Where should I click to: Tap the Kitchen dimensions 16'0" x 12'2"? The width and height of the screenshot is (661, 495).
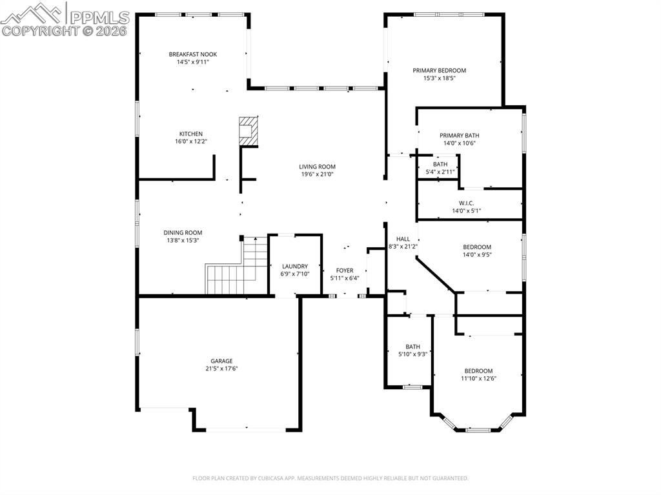190,141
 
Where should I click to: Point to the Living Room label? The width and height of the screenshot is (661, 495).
318,167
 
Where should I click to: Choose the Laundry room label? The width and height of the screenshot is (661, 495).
295,266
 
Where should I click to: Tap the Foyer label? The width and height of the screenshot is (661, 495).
345,270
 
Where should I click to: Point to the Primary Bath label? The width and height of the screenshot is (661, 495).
460,136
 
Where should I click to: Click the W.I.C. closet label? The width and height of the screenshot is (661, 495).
466,203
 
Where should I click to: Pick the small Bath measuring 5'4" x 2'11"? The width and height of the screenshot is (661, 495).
440,168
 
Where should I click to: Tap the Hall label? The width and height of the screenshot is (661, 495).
403,239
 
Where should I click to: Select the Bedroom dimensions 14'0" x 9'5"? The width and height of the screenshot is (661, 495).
477,255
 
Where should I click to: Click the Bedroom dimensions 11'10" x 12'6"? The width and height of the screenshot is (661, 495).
478,379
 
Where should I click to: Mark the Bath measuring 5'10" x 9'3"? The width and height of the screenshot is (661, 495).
412,350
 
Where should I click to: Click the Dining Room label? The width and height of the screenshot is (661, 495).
183,233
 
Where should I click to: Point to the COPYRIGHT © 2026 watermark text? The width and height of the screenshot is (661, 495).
65,30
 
